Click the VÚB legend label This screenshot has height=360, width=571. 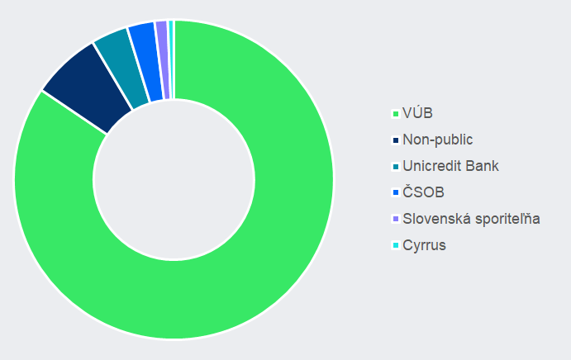point(418,113)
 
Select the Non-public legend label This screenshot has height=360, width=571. point(438,140)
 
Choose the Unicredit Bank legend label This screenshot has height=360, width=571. point(450,166)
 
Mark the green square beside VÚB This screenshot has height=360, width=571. point(396,114)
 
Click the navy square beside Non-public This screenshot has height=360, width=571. point(396,140)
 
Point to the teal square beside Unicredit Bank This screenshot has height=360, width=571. point(396,167)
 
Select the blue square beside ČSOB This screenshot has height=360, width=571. point(396,193)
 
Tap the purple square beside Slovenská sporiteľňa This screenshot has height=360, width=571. point(396,220)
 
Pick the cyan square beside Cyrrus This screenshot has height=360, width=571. point(396,246)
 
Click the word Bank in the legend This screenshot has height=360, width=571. point(481,166)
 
